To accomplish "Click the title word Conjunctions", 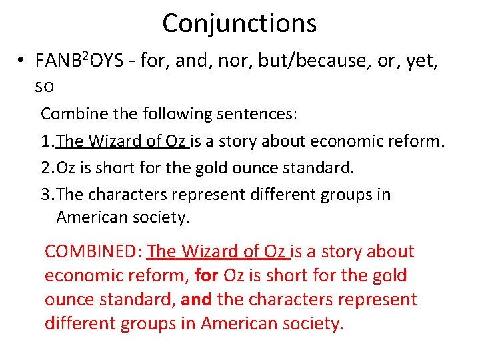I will [239, 23].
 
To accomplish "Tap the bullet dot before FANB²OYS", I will [22, 61].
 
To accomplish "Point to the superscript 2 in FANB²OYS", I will [85, 55].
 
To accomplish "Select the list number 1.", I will [45, 141].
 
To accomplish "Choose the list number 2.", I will [45, 167].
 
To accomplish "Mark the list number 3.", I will [45, 195].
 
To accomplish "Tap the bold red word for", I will [206, 276].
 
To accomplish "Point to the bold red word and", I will [195, 300].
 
